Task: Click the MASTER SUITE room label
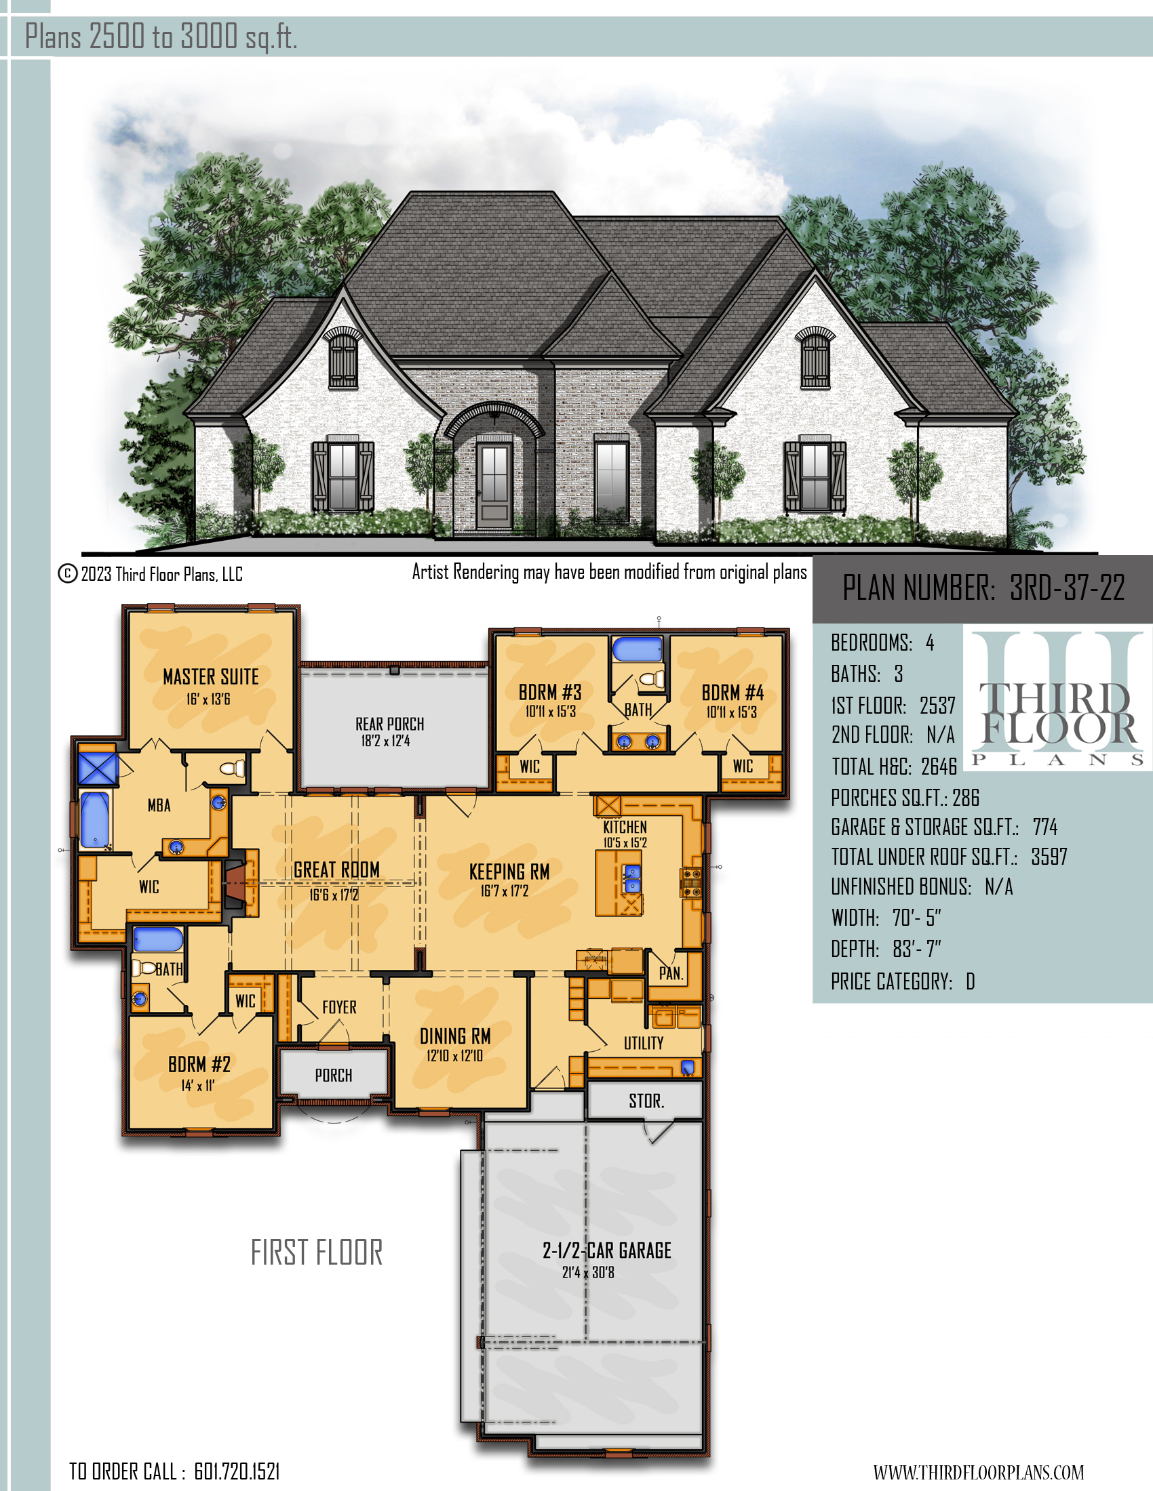pyautogui.click(x=210, y=676)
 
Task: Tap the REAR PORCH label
pyautogui.click(x=389, y=724)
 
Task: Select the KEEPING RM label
pyautogui.click(x=509, y=872)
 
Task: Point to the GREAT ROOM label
pyautogui.click(x=337, y=870)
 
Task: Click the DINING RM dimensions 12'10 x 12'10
pyautogui.click(x=455, y=1055)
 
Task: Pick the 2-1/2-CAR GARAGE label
pyautogui.click(x=606, y=1250)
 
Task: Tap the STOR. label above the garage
pyautogui.click(x=646, y=1101)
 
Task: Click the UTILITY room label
pyautogui.click(x=644, y=1043)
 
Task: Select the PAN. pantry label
pyautogui.click(x=671, y=973)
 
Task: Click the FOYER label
pyautogui.click(x=340, y=1007)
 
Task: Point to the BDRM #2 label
pyautogui.click(x=199, y=1063)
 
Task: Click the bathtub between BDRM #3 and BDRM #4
pyautogui.click(x=637, y=649)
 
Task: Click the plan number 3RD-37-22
pyautogui.click(x=1067, y=588)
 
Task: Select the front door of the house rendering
pyautogui.click(x=494, y=485)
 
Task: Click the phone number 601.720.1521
pyautogui.click(x=237, y=1471)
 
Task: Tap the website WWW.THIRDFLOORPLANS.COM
pyautogui.click(x=978, y=1473)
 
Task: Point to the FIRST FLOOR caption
pyautogui.click(x=316, y=1252)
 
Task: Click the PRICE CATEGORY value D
pyautogui.click(x=971, y=982)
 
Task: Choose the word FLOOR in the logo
pyautogui.click(x=1058, y=729)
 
